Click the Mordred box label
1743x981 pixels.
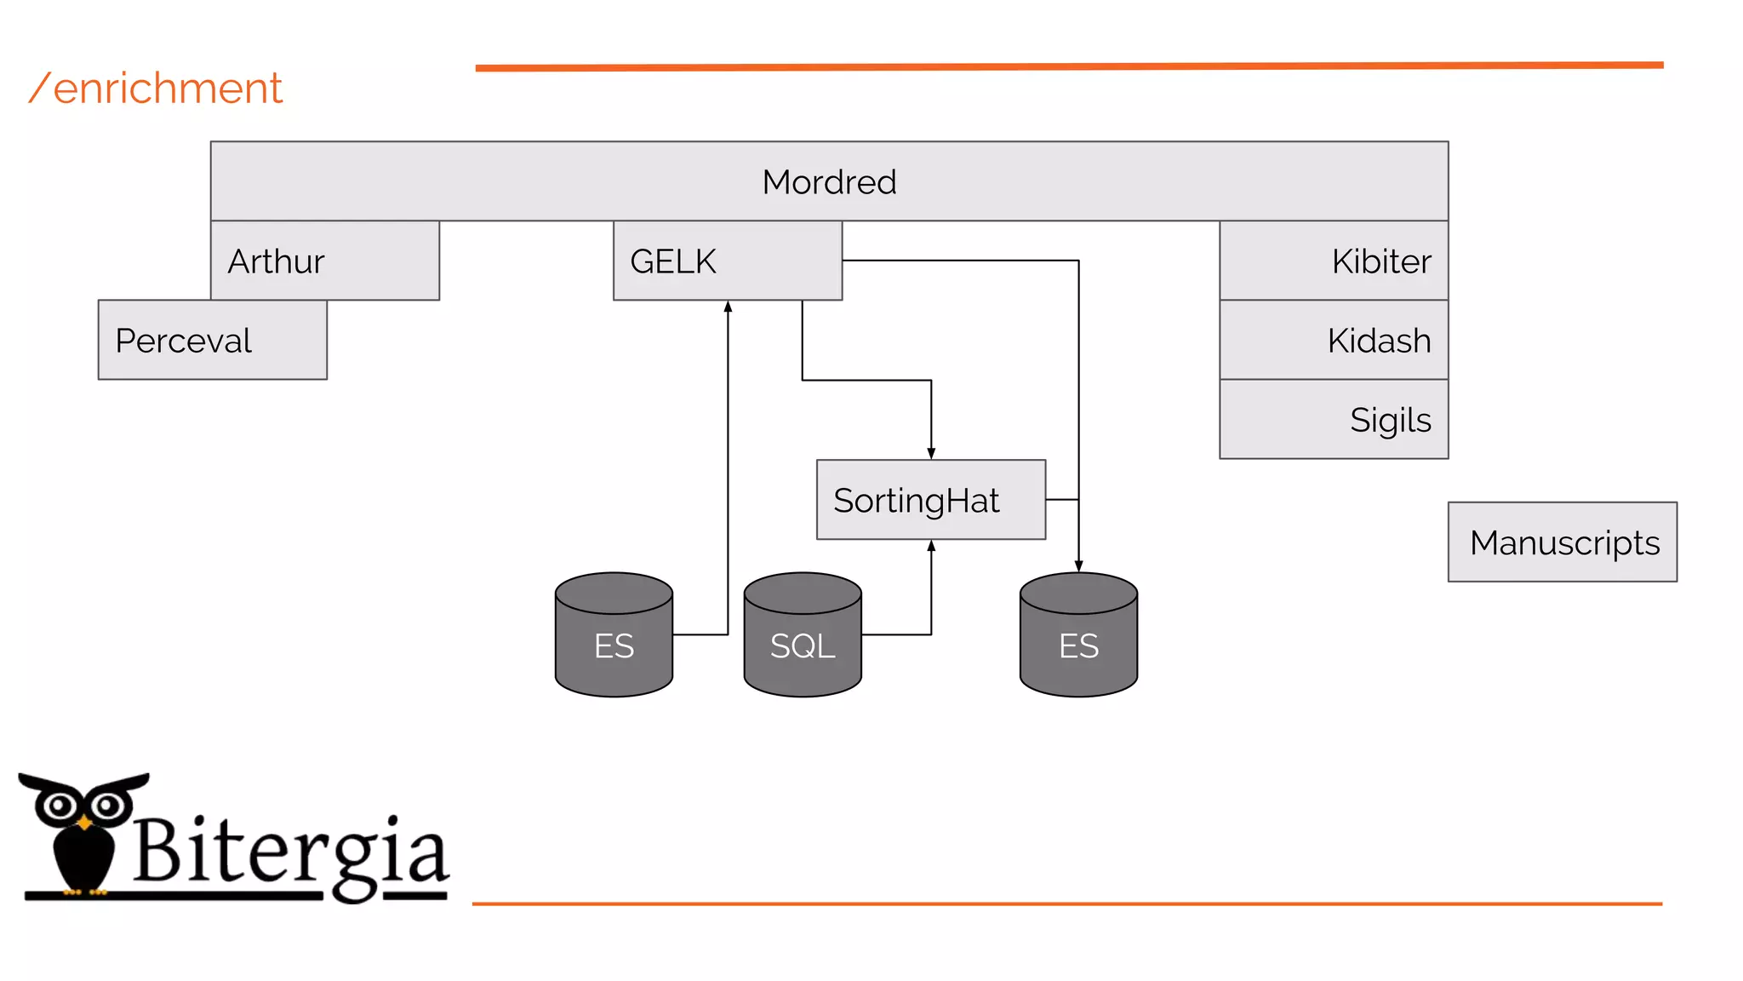(x=829, y=182)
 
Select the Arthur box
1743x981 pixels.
(x=324, y=261)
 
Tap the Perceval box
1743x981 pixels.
(x=212, y=340)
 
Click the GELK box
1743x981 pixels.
(x=727, y=261)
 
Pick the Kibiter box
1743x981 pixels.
(x=1333, y=261)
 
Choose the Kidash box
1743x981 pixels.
(x=1333, y=340)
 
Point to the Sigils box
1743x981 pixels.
(x=1333, y=419)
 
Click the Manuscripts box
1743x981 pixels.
(x=1562, y=542)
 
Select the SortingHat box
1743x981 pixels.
(x=930, y=500)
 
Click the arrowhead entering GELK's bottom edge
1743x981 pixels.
(x=728, y=307)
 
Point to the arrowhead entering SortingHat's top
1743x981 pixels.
(x=931, y=454)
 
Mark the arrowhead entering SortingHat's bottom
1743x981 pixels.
(x=931, y=546)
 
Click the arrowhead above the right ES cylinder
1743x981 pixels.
(x=1078, y=566)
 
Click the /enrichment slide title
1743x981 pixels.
(x=157, y=89)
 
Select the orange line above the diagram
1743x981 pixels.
(x=1068, y=66)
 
